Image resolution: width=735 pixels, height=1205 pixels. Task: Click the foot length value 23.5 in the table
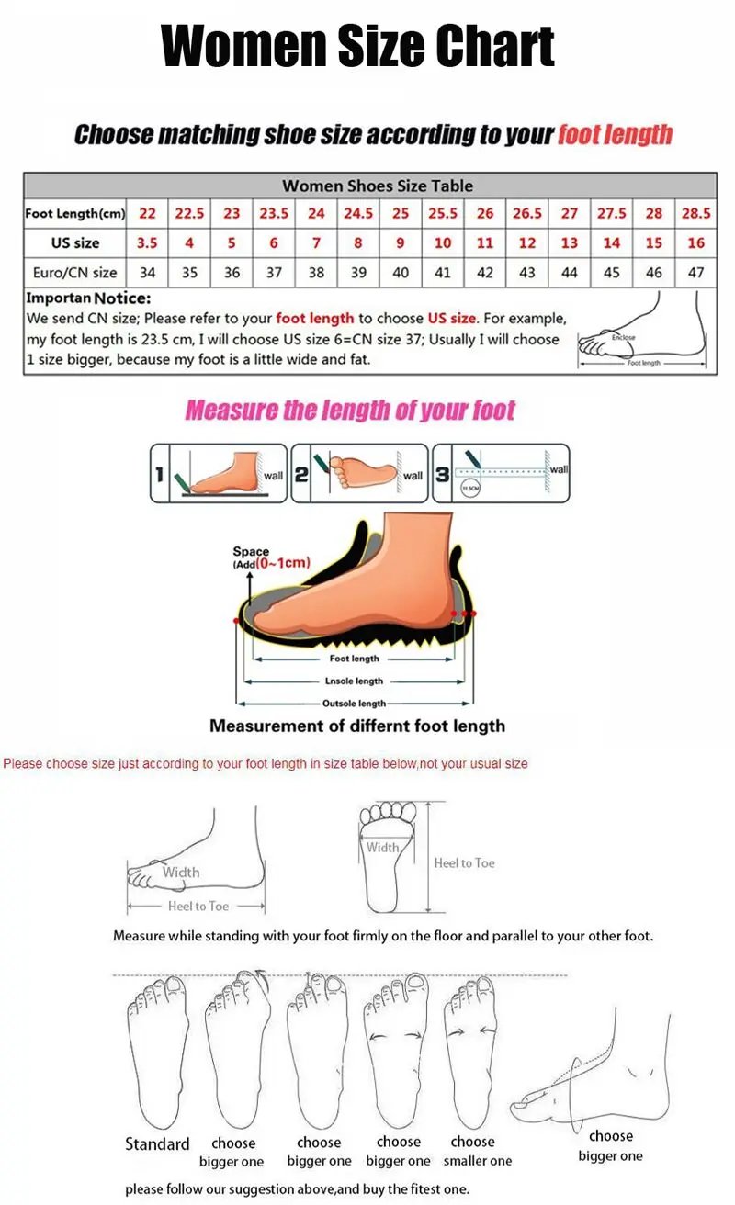[274, 213]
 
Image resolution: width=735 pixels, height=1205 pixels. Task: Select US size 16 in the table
[695, 243]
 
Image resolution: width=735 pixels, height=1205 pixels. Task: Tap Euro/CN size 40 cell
[401, 273]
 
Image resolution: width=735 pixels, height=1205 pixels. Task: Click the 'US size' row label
[74, 243]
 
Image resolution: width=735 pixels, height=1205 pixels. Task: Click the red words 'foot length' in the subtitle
[615, 135]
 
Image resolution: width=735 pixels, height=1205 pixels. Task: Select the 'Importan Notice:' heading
[88, 298]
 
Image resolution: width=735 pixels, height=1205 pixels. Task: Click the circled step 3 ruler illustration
[501, 473]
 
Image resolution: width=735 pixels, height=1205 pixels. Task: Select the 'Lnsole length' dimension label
[354, 681]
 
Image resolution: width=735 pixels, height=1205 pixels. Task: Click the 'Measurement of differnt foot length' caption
[357, 726]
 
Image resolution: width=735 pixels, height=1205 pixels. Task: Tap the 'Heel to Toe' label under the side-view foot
[198, 906]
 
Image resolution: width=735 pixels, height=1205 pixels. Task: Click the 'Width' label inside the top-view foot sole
[382, 848]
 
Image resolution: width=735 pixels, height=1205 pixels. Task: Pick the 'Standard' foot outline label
[157, 1143]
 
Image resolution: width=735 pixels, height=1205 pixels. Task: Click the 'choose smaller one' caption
[477, 1152]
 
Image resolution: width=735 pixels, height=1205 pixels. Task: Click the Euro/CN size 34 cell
[147, 273]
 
